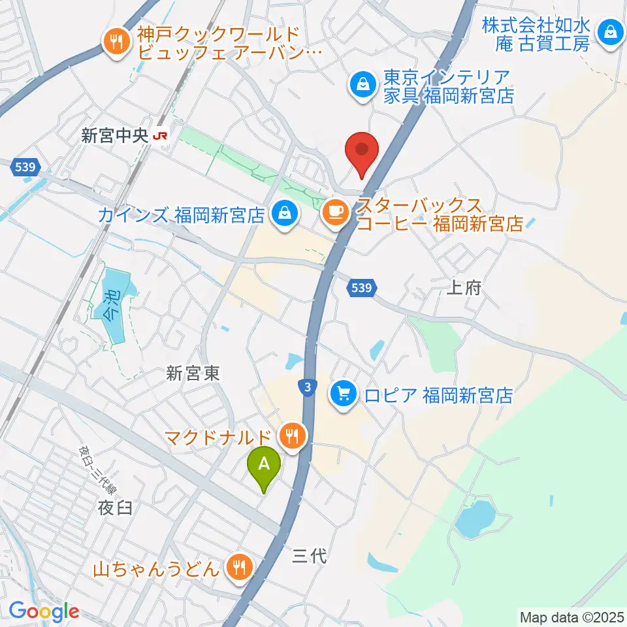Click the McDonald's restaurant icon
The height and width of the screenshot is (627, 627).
292,434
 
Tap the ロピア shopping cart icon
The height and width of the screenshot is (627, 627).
344,394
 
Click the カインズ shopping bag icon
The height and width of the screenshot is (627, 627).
284,214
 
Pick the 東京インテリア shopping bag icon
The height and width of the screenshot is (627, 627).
361,84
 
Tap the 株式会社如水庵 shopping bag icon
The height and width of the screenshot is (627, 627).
610,31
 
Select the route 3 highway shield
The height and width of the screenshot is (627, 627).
307,387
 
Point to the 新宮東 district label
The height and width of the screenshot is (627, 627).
192,373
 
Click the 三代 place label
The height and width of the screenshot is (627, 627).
308,556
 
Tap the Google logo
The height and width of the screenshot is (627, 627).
44,612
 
